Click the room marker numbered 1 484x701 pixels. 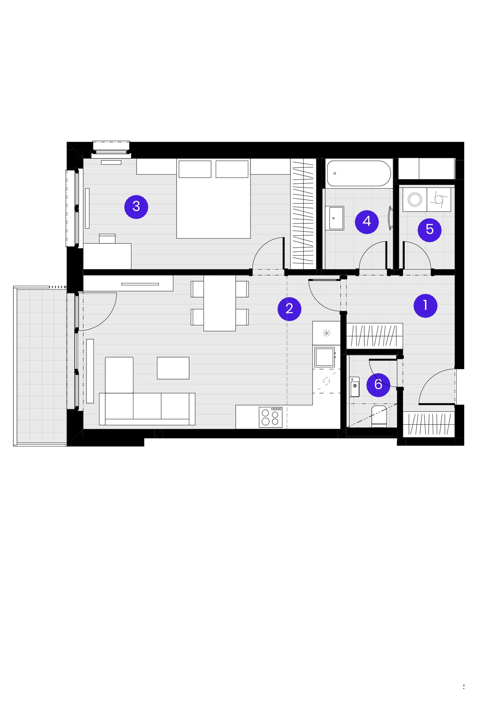click(425, 306)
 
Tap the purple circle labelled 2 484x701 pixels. click(289, 309)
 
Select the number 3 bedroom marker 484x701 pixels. click(136, 207)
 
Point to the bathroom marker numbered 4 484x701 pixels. click(367, 222)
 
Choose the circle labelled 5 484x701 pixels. click(430, 230)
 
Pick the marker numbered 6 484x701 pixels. click(378, 385)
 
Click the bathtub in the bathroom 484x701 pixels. click(359, 173)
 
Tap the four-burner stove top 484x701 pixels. click(270, 417)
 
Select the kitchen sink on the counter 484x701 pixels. click(325, 357)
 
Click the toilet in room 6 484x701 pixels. click(379, 416)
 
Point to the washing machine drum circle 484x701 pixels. click(415, 200)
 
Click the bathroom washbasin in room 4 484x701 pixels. click(334, 218)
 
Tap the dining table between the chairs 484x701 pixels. click(220, 303)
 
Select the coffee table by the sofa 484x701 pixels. click(173, 368)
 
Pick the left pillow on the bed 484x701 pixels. click(195, 169)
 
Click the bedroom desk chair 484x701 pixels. click(107, 238)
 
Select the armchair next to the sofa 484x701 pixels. click(119, 375)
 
